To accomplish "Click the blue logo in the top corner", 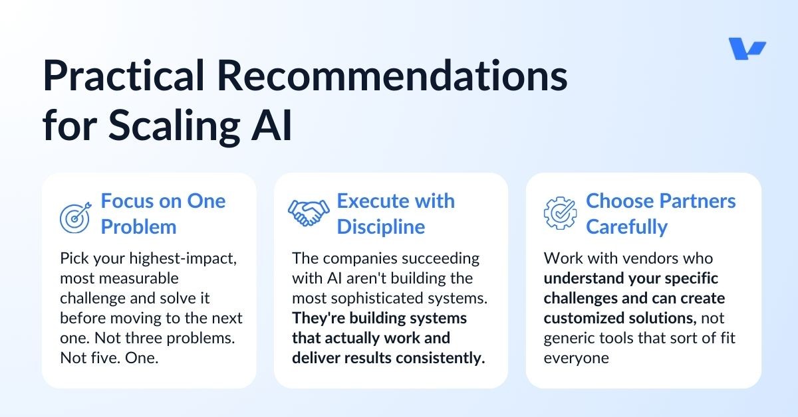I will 747,49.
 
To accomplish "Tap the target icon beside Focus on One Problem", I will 74,217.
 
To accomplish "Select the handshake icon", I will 308,212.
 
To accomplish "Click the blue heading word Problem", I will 138,226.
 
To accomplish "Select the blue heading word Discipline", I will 380,226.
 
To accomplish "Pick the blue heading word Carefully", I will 626,226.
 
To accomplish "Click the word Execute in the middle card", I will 370,201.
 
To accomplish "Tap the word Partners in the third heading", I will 698,201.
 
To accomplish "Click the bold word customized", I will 585,318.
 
